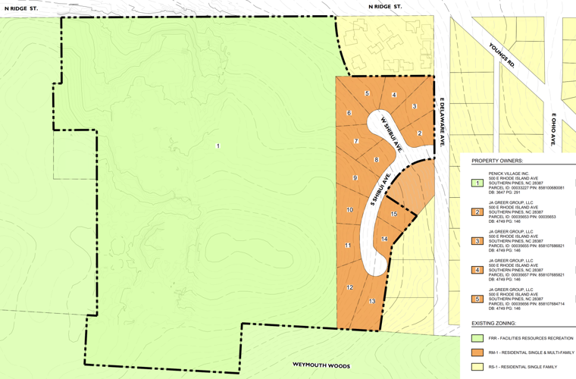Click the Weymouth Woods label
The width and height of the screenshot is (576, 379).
[321, 366]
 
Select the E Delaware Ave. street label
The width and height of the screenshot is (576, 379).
[440, 122]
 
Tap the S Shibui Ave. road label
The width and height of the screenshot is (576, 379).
[380, 189]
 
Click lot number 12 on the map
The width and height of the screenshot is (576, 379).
[350, 287]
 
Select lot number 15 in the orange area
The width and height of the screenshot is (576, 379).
[393, 215]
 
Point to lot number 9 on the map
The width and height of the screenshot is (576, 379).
[355, 177]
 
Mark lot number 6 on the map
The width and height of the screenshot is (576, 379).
[349, 113]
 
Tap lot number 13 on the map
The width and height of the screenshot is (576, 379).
[372, 301]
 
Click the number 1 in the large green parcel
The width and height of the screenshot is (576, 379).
[218, 146]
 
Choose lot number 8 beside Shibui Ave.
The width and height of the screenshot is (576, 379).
[376, 160]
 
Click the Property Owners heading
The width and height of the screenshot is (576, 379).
[496, 161]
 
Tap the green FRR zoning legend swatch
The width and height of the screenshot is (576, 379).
[477, 338]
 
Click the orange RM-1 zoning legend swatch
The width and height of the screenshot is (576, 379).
[477, 352]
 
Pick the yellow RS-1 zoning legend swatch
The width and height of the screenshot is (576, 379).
[477, 367]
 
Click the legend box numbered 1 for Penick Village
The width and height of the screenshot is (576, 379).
[477, 183]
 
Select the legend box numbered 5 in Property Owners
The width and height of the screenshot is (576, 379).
[477, 299]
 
